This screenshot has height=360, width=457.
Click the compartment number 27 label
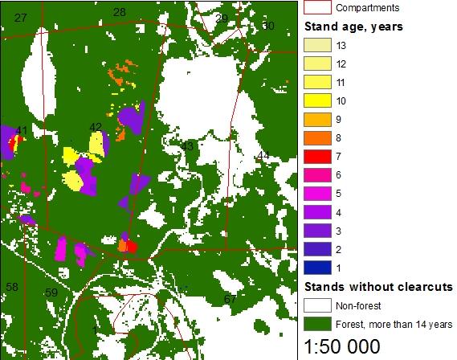tap(21, 18)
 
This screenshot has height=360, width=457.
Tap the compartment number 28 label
tap(120, 12)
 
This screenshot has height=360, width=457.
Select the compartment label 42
tap(96, 127)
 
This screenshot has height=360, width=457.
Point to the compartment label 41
tap(22, 130)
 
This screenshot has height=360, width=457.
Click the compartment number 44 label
tap(263, 154)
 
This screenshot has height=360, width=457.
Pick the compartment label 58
tap(11, 287)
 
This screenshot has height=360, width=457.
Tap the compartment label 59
tap(51, 292)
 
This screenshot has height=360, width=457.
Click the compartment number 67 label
tap(230, 300)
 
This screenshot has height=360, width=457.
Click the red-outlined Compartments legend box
tap(316, 8)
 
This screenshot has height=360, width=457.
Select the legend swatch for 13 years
tap(316, 45)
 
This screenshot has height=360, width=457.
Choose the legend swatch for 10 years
tap(316, 100)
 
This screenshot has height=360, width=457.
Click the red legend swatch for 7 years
tap(316, 156)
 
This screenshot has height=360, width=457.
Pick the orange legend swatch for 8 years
tap(316, 137)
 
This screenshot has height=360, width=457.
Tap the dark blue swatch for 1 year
tap(316, 267)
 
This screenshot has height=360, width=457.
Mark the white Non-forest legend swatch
tap(316, 305)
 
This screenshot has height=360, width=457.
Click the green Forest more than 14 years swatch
tap(316, 324)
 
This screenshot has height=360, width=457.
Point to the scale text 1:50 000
tap(351, 347)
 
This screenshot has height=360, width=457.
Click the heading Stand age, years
tap(353, 27)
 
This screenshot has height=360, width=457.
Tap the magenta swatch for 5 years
tap(316, 193)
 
